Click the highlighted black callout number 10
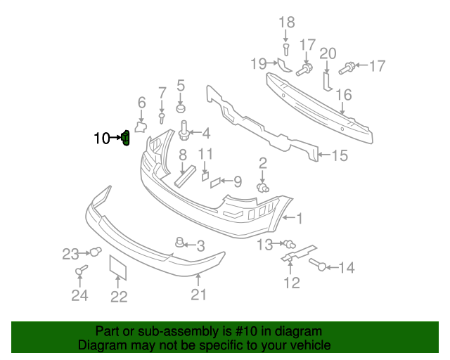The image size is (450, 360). tap(101, 139)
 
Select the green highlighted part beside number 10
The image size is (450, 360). tap(126, 139)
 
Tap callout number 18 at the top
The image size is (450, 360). tap(287, 22)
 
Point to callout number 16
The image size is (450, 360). tap(343, 95)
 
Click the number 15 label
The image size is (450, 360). tap(340, 155)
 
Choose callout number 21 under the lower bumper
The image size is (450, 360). tap(199, 295)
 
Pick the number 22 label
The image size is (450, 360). tap(119, 297)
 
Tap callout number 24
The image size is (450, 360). tap(79, 295)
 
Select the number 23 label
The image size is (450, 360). tap(71, 253)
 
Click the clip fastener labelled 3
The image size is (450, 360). tap(180, 243)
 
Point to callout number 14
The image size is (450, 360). tap(347, 267)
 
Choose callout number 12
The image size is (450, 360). tap(291, 283)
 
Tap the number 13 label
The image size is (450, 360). tap(264, 244)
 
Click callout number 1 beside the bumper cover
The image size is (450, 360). tap(299, 219)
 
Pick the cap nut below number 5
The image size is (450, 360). tap(181, 109)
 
